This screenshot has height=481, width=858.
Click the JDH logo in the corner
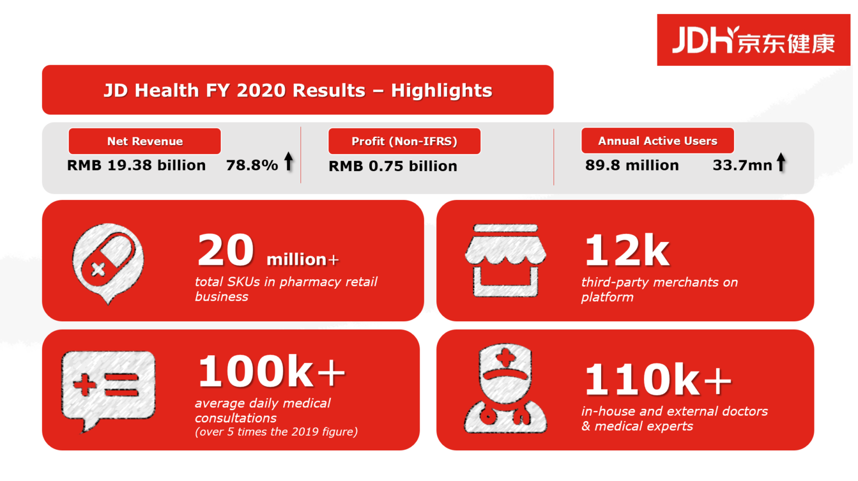coord(753,40)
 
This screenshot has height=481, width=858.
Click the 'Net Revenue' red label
coord(145,141)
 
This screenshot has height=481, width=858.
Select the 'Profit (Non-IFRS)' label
coord(404,141)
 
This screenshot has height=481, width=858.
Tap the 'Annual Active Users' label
coord(657,141)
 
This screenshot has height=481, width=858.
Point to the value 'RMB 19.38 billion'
coord(136,165)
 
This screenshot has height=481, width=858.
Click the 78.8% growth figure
coord(252,165)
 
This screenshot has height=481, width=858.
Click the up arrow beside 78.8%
coord(288,161)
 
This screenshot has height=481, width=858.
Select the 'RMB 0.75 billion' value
coord(393,166)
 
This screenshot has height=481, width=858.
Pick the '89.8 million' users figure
coord(632,165)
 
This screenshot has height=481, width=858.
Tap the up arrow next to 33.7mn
coord(781,163)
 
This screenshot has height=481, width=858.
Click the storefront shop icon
coord(506,260)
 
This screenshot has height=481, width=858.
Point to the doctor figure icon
coord(506,389)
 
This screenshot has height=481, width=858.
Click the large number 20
coord(226,251)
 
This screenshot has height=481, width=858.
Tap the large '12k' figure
coord(627,251)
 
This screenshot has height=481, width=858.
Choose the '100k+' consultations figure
coord(271,372)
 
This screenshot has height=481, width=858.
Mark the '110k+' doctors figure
coord(657,380)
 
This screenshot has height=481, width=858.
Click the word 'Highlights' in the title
coord(441,91)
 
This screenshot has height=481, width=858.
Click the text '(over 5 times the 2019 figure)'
coord(276,432)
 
